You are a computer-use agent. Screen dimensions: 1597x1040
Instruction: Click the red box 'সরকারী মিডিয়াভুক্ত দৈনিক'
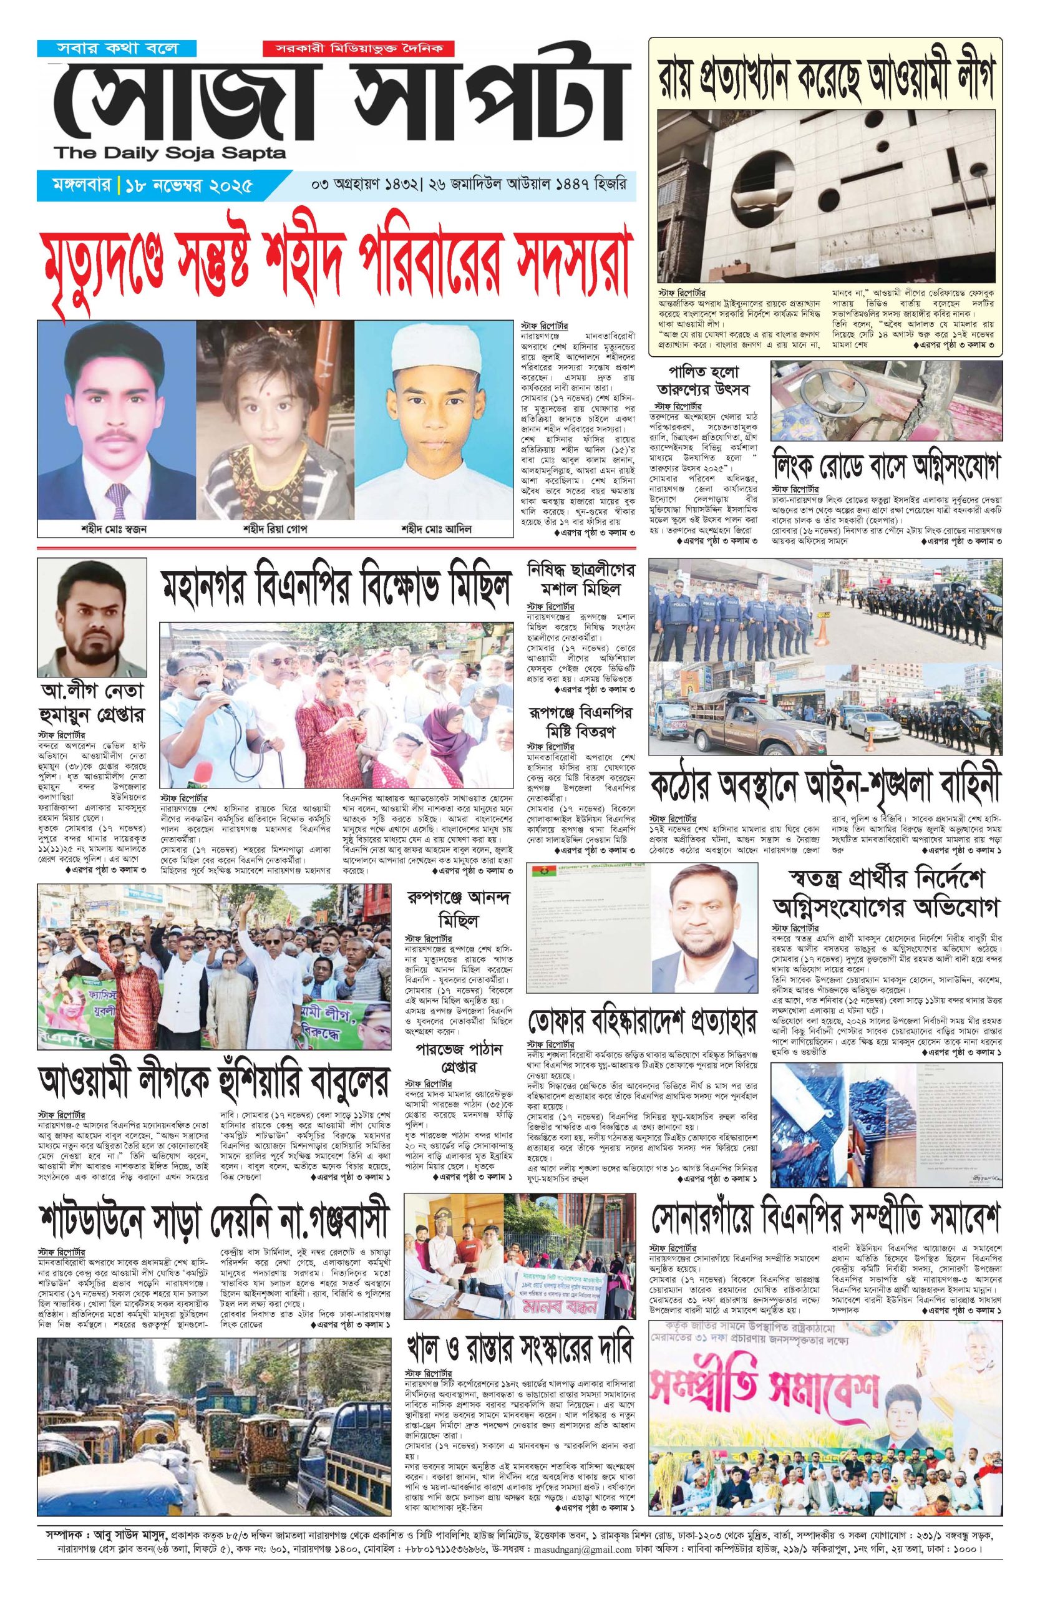tap(359, 49)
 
